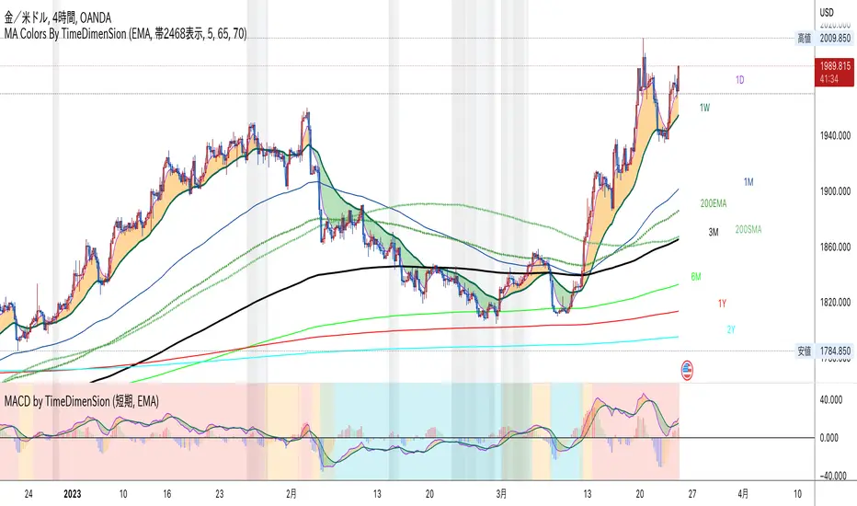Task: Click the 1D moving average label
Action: (x=739, y=80)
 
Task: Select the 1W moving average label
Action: (x=704, y=109)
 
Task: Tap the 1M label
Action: (x=749, y=183)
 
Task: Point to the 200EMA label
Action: (x=714, y=202)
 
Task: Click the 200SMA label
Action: (x=749, y=229)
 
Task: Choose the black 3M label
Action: (x=713, y=231)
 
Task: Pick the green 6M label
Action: (x=696, y=276)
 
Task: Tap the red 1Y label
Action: (x=723, y=303)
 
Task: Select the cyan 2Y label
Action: (x=732, y=329)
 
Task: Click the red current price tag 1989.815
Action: (x=835, y=67)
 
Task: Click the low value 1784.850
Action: (x=835, y=351)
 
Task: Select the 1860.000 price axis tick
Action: (x=835, y=247)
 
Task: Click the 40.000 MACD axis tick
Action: (x=832, y=400)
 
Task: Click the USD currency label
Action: (x=826, y=12)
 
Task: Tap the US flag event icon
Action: (x=687, y=371)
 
